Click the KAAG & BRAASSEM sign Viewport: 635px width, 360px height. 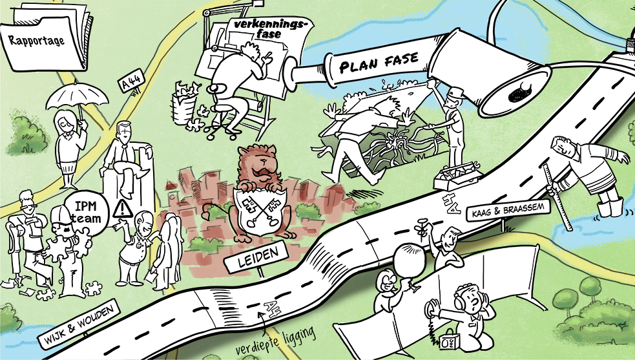(508, 211)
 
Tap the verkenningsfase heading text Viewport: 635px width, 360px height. (268, 28)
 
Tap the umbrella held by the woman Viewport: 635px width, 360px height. (77, 98)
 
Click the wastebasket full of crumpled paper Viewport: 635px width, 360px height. (184, 103)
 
